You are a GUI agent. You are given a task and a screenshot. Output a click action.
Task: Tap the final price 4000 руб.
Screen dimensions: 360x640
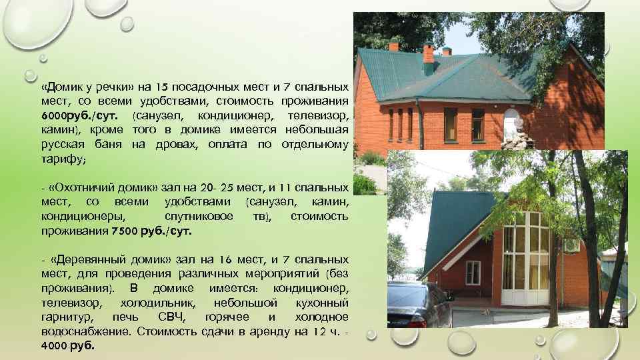click(x=67, y=346)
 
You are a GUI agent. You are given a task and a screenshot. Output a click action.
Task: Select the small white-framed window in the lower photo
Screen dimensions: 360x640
click(x=473, y=271)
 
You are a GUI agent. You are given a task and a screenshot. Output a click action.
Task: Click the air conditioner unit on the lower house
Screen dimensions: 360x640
click(x=571, y=245)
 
